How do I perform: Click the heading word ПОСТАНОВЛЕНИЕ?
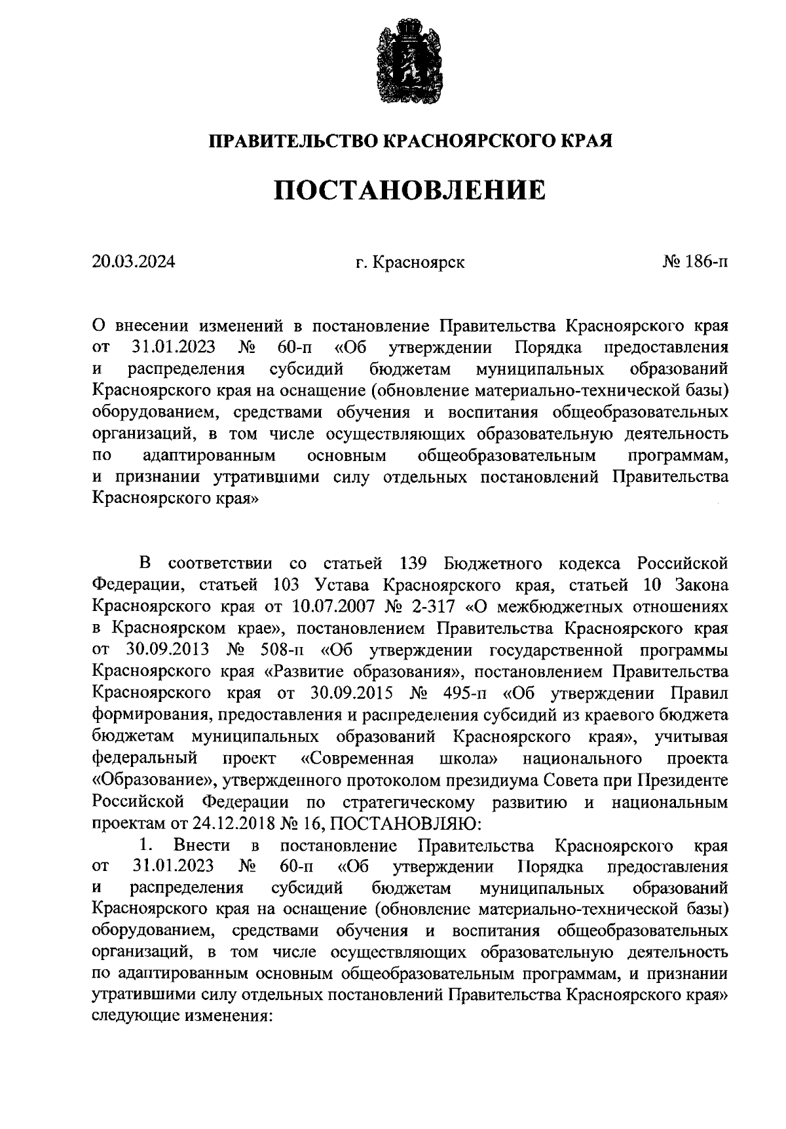point(409,190)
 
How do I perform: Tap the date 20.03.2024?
point(134,263)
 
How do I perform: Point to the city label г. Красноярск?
point(410,263)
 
